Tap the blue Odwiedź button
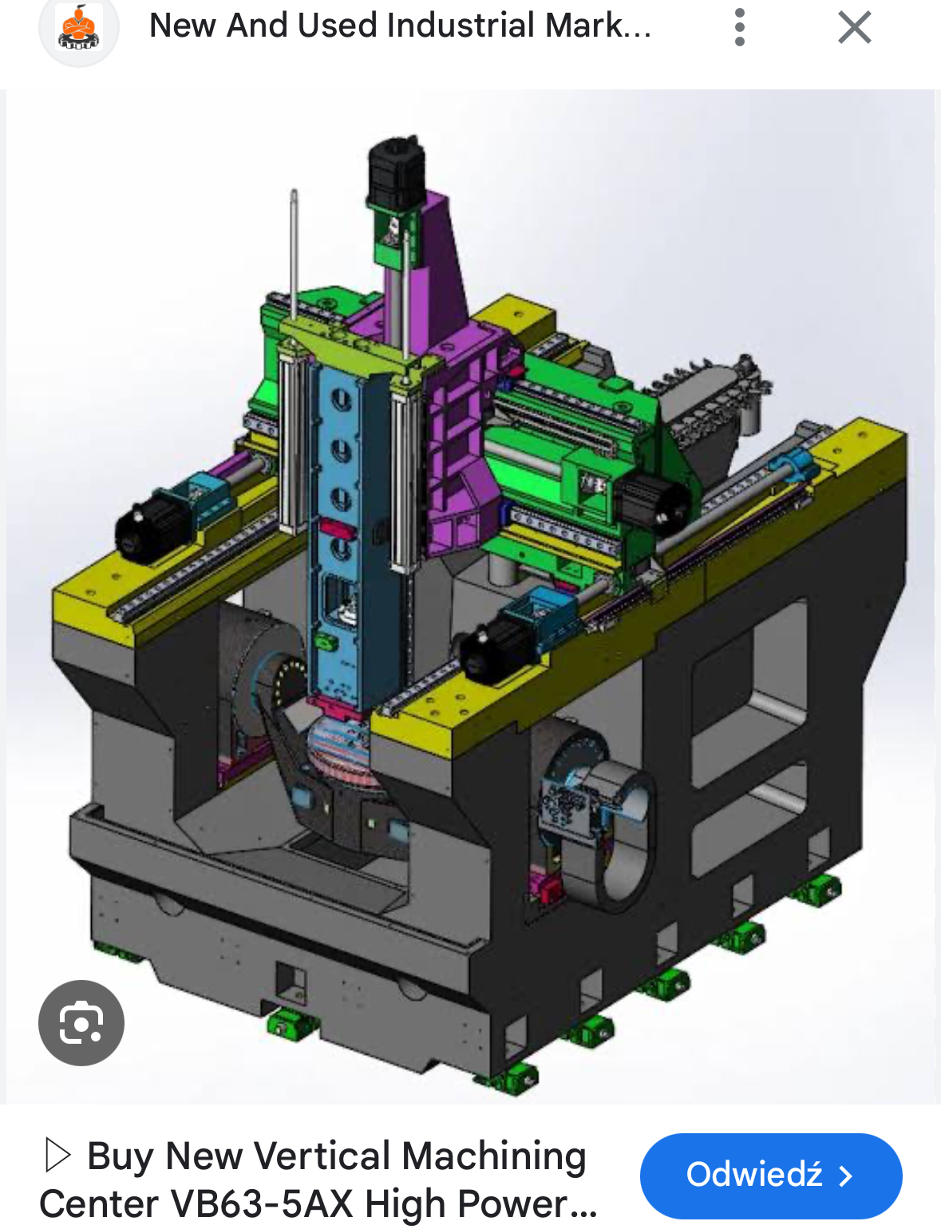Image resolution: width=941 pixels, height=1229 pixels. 771,1176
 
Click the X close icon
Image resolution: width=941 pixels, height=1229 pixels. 855,27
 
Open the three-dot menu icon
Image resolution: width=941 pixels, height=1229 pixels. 740,27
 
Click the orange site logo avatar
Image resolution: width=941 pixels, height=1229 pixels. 78,27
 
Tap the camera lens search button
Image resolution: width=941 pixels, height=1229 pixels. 81,1022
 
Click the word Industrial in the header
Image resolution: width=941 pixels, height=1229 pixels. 461,26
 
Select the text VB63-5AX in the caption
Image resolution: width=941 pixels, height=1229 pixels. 262,1203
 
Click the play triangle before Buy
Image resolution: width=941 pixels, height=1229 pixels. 57,1156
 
